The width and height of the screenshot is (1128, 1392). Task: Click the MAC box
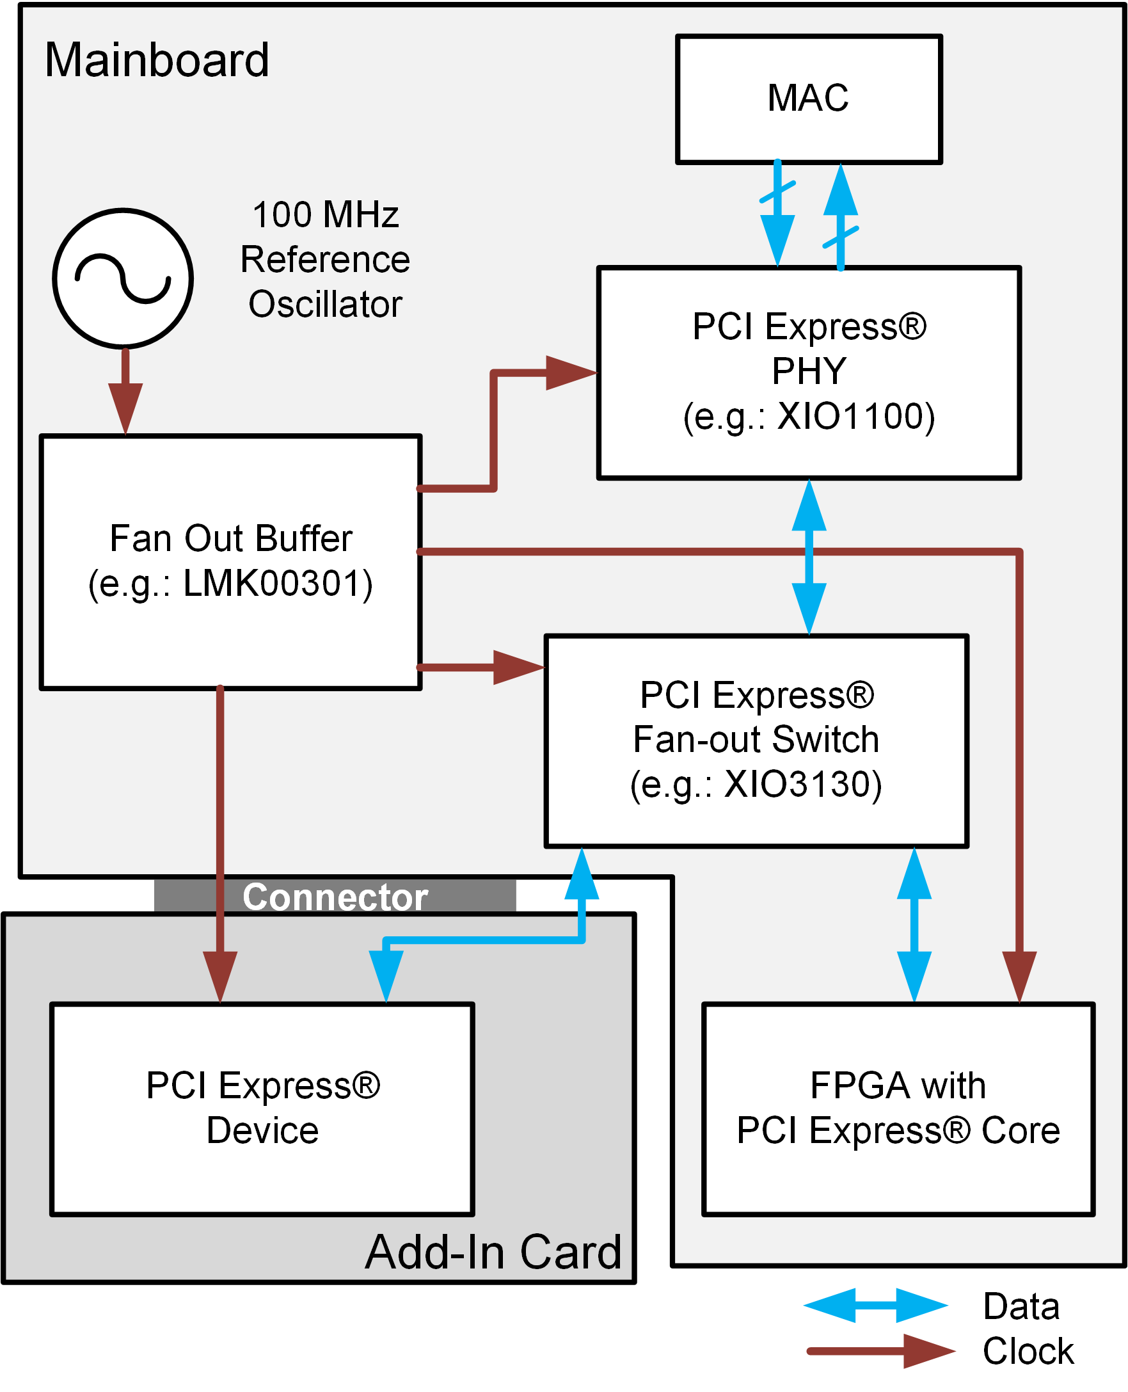pyautogui.click(x=808, y=99)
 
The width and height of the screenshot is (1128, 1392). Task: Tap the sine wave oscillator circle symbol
pyautogui.click(x=123, y=278)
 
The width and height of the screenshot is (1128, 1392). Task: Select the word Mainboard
pyautogui.click(x=157, y=60)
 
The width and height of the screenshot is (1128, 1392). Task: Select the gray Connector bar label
pyautogui.click(x=335, y=897)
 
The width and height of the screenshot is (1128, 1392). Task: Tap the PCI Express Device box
pyautogui.click(x=262, y=1108)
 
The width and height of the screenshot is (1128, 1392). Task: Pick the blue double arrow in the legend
pyautogui.click(x=875, y=1305)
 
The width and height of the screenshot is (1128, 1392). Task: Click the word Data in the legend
pyautogui.click(x=1021, y=1306)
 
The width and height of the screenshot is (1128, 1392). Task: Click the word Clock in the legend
pyautogui.click(x=1028, y=1351)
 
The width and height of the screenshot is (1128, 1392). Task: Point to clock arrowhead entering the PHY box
pyautogui.click(x=569, y=373)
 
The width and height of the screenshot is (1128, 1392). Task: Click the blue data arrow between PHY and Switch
pyautogui.click(x=809, y=557)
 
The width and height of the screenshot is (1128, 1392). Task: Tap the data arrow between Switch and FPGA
pyautogui.click(x=914, y=925)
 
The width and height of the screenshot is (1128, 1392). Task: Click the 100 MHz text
pyautogui.click(x=326, y=214)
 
